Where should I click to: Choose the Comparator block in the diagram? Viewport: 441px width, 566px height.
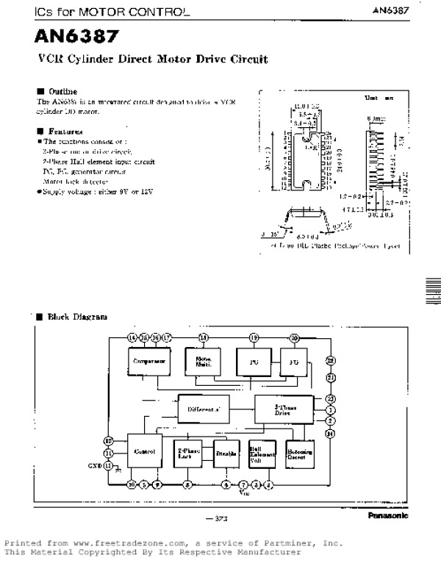149,362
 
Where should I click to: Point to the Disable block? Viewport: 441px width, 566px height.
226,454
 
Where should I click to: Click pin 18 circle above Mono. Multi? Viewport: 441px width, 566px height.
203,337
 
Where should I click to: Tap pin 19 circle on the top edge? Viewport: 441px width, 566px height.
254,337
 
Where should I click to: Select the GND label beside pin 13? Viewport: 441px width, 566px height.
96,465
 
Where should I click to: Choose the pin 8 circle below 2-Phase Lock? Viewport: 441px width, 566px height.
187,484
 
